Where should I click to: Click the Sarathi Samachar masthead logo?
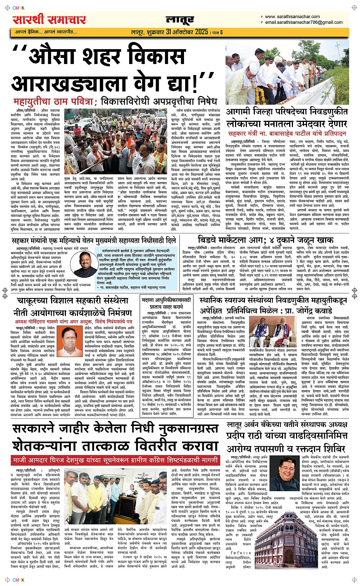(x=50, y=19)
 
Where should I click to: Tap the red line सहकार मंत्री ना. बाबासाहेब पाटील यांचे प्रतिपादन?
(x=287, y=133)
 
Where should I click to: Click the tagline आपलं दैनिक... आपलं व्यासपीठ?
(x=46, y=32)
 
